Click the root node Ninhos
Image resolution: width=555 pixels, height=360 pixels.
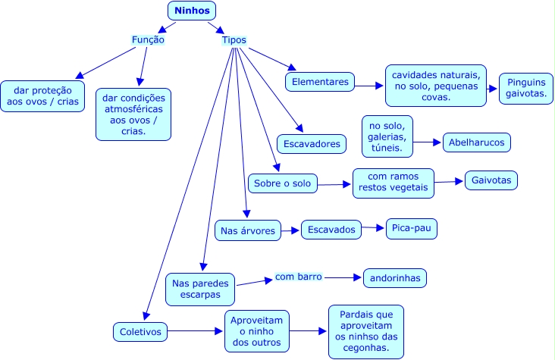(x=191, y=11)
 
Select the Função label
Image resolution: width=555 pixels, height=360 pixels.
(x=148, y=39)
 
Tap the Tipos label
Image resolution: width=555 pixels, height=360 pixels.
(x=234, y=40)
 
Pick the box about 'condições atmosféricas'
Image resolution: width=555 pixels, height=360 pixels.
(x=133, y=114)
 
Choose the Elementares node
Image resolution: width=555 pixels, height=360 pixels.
(x=319, y=80)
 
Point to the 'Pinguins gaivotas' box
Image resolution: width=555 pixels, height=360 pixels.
(x=525, y=89)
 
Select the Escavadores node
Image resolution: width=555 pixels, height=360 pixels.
(x=312, y=142)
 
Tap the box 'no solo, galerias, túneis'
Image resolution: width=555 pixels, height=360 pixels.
(x=387, y=135)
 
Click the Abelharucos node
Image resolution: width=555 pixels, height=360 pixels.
(x=477, y=142)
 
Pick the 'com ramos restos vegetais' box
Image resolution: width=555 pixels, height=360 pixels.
(x=394, y=183)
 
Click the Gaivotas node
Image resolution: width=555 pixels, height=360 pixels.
(x=491, y=180)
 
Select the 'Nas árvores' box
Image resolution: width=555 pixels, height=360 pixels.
(x=247, y=230)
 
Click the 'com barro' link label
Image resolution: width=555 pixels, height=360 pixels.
(x=298, y=277)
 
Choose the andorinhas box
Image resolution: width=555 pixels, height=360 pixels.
(x=394, y=277)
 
